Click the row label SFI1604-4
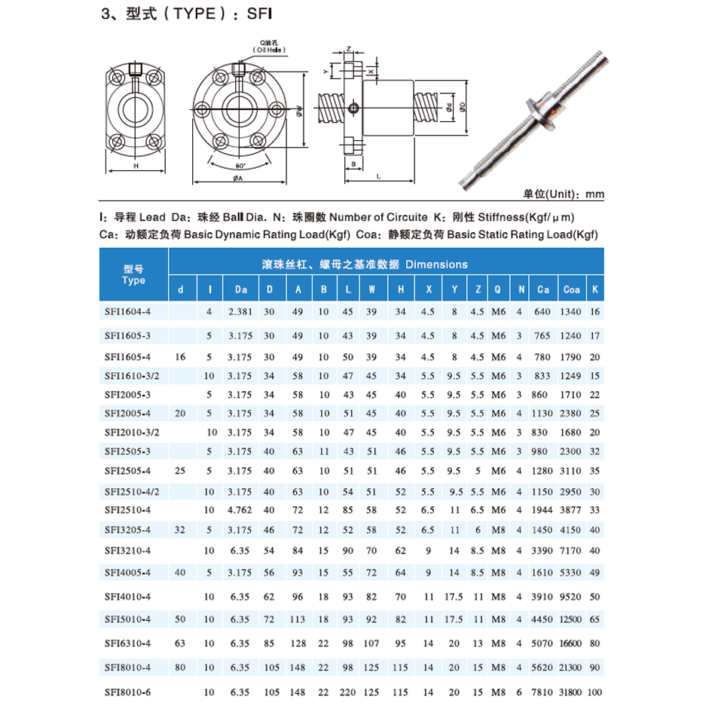[127, 311]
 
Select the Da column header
[240, 289]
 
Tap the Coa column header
[571, 289]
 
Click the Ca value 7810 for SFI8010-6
[542, 692]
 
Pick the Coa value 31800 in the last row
[570, 692]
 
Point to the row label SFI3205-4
[127, 530]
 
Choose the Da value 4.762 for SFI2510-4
[240, 510]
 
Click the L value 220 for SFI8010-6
[348, 692]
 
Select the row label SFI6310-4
[127, 643]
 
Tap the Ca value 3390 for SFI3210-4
[542, 550]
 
